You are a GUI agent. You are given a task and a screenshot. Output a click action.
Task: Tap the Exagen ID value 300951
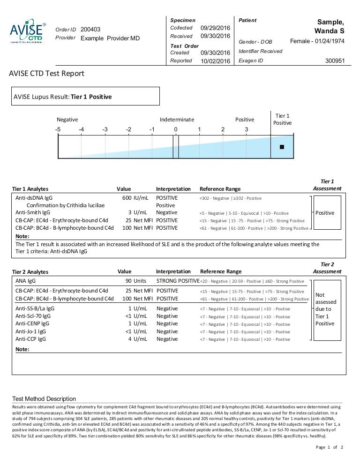[x=335, y=60]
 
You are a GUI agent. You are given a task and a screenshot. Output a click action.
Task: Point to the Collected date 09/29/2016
[x=215, y=28]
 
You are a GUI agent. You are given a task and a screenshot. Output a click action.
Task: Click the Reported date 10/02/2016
[x=215, y=61]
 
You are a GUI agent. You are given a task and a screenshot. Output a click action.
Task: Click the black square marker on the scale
[x=282, y=147]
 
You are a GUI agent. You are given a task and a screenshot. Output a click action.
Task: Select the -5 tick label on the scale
[x=58, y=129]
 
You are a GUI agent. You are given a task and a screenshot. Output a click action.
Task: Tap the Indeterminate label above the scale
[x=177, y=120]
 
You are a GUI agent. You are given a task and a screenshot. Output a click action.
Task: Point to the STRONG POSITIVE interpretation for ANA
[x=178, y=281]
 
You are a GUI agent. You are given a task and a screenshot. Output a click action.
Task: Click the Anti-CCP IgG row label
[x=31, y=339]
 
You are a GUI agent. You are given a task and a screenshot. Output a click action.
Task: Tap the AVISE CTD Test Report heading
[x=47, y=74]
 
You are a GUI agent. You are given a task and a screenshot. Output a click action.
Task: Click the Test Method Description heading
[x=44, y=398]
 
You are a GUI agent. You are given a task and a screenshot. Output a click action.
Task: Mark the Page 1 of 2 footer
[x=330, y=447]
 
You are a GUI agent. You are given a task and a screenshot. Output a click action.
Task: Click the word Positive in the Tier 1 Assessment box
[x=325, y=213]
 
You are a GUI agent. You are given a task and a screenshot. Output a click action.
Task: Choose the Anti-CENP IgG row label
[x=32, y=323]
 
